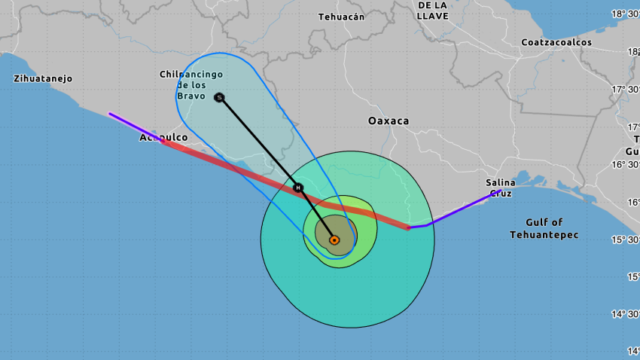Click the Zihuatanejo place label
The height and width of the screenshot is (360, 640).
pos(43,78)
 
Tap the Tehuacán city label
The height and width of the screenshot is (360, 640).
pos(341,17)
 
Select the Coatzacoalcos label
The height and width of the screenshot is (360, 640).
pos(556,42)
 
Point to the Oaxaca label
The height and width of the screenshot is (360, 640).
pos(388,121)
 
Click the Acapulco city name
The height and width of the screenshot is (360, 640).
pos(163,138)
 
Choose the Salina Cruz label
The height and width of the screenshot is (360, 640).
pos(501,188)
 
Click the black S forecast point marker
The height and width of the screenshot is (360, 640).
pos(219,97)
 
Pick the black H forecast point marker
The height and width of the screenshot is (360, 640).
pos(298,187)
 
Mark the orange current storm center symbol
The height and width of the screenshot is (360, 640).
pos(334,240)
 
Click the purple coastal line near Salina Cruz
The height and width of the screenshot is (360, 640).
pos(459,211)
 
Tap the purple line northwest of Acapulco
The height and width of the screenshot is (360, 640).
pos(136,127)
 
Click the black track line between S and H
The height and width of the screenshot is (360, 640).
pos(258,142)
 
